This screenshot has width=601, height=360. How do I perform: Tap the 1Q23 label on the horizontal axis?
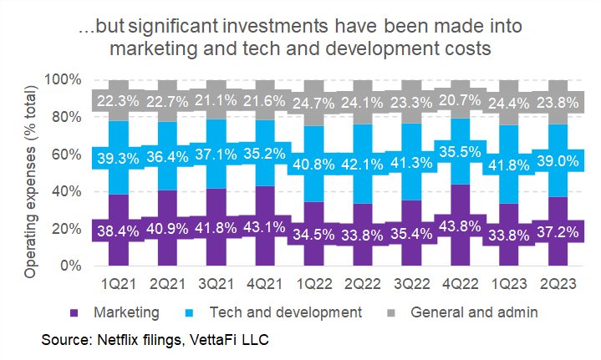(500, 286)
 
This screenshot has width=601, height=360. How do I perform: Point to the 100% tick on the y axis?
(64, 80)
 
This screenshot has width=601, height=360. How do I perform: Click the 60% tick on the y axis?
(68, 155)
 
